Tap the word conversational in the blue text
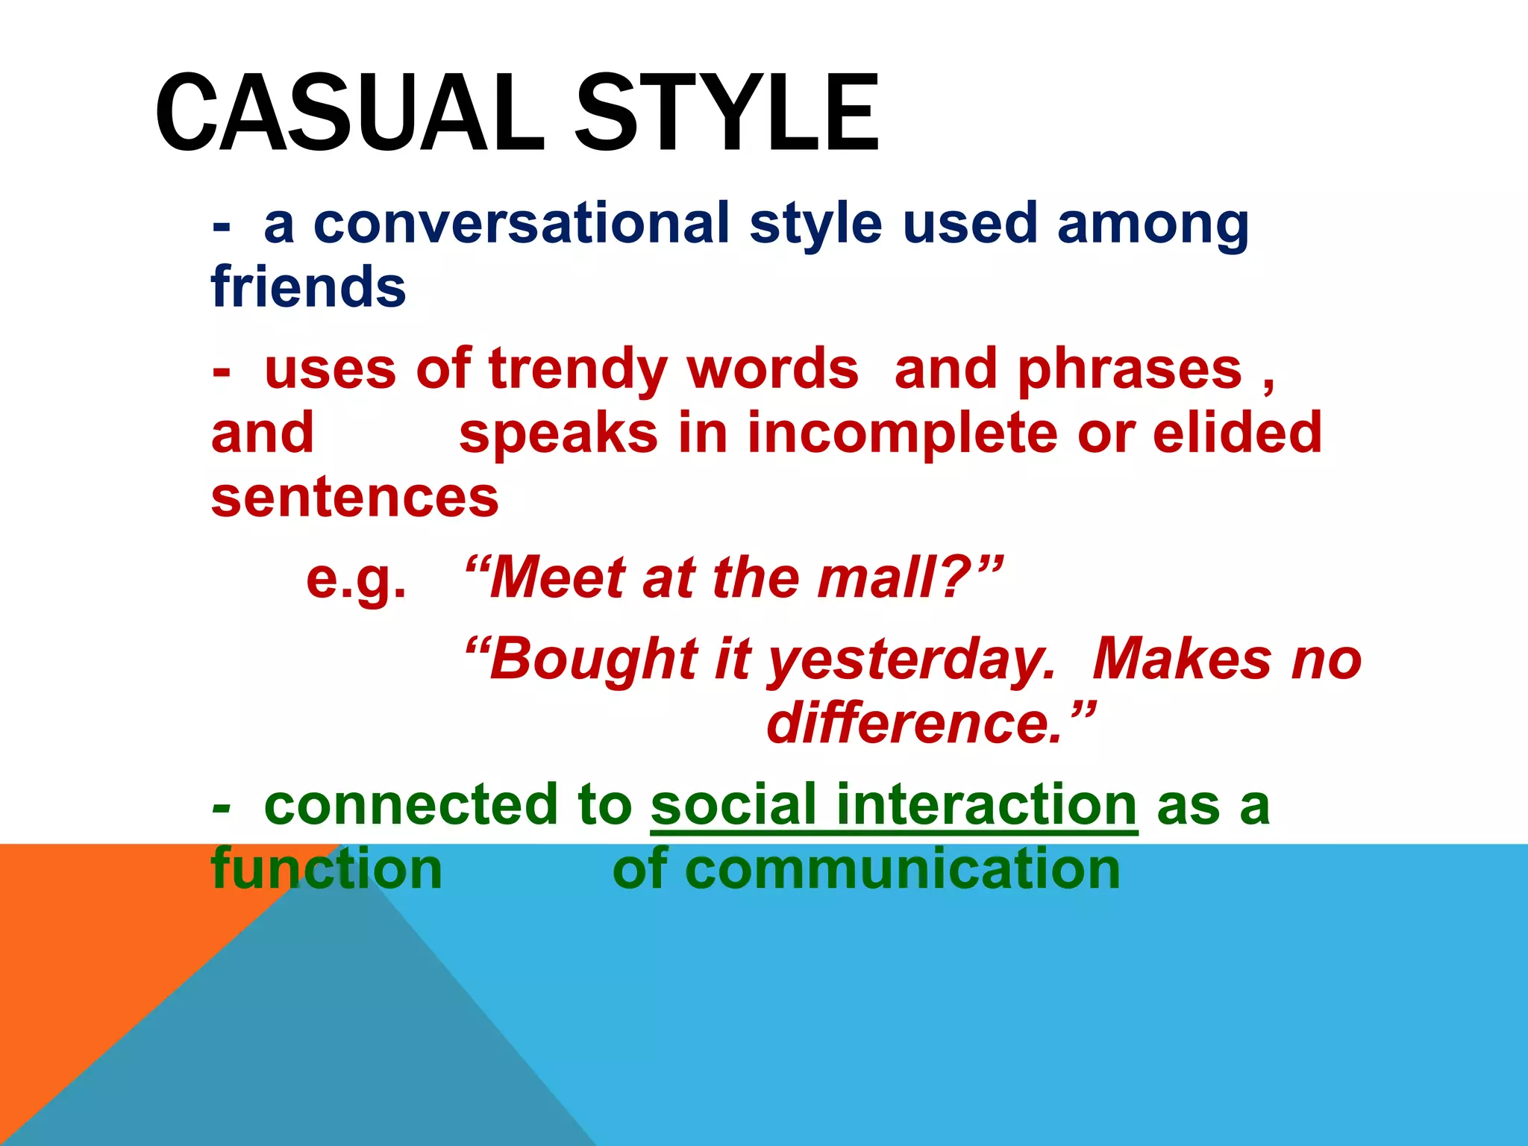pyautogui.click(x=522, y=223)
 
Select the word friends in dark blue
pyautogui.click(x=308, y=287)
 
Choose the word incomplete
pyautogui.click(x=902, y=433)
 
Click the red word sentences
pyautogui.click(x=354, y=498)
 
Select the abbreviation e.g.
pyautogui.click(x=357, y=578)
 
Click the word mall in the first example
pyautogui.click(x=885, y=578)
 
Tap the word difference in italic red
pyautogui.click(x=913, y=724)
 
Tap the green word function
pyautogui.click(x=327, y=870)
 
